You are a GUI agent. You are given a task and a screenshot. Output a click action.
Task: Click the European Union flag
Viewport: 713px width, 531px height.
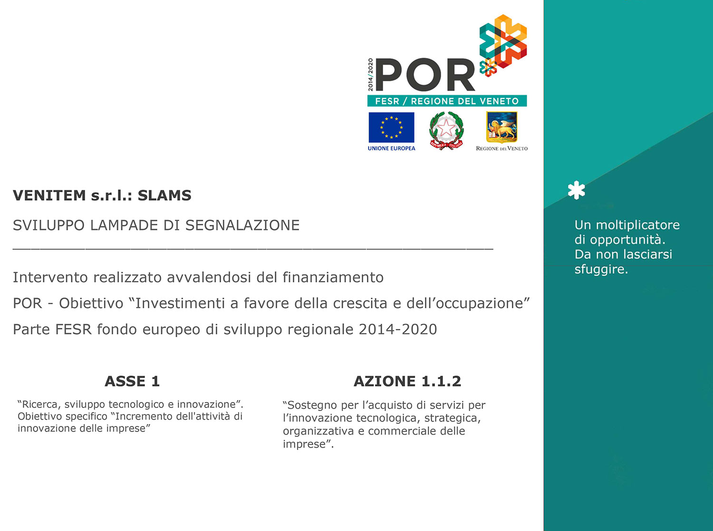(391, 127)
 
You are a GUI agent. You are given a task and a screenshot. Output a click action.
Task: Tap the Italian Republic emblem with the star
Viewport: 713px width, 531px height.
(446, 131)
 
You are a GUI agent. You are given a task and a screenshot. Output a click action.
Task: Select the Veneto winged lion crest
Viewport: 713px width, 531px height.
(502, 127)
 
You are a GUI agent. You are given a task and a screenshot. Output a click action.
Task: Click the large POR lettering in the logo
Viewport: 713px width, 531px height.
(425, 75)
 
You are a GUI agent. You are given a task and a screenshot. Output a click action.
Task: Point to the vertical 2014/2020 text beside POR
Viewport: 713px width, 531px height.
(371, 75)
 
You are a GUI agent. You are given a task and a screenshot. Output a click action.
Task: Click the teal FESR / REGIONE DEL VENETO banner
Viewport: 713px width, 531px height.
(447, 101)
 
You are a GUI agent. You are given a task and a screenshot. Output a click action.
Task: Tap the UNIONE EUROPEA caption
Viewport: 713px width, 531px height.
(392, 148)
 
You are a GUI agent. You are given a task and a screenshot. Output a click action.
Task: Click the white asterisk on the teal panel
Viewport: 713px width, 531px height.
(577, 190)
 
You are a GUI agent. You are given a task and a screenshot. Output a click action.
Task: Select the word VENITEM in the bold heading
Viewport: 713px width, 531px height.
(49, 195)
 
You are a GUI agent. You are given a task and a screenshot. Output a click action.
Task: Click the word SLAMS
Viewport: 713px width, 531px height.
(164, 195)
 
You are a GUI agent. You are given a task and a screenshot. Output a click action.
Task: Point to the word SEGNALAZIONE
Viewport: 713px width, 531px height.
(242, 225)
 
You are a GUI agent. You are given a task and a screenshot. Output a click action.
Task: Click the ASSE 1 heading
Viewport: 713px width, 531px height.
(132, 381)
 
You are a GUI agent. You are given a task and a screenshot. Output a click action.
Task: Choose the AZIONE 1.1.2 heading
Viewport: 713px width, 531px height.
(407, 381)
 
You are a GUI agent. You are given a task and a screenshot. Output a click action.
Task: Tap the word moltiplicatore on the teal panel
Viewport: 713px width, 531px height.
(638, 225)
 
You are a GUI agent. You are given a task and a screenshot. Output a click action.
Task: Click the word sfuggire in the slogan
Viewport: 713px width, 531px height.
(601, 270)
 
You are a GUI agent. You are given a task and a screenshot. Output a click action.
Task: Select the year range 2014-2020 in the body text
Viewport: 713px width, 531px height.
(398, 329)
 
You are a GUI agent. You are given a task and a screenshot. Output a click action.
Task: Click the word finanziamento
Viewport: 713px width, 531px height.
(333, 277)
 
